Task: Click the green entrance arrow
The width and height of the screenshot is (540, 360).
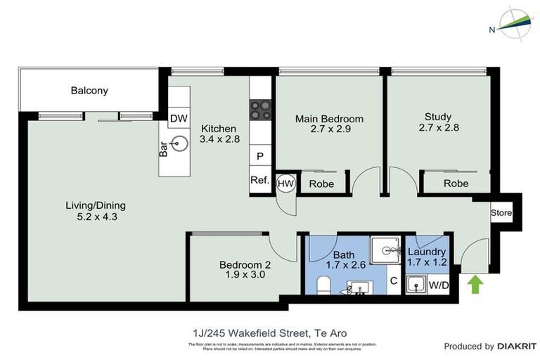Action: click(x=476, y=284)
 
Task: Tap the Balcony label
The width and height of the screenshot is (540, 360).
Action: click(x=89, y=91)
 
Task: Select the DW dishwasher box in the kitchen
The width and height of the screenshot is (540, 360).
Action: click(x=178, y=118)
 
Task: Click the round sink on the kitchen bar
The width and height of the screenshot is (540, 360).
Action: click(x=179, y=144)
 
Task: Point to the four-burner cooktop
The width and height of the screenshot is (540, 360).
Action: click(x=259, y=110)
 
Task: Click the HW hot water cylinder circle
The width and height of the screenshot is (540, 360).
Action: click(x=285, y=183)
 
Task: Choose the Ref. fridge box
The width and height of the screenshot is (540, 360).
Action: click(x=259, y=180)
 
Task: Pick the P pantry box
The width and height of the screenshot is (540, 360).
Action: click(x=259, y=156)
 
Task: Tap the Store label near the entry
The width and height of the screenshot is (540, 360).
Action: click(x=501, y=212)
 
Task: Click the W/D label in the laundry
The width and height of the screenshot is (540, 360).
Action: click(x=439, y=285)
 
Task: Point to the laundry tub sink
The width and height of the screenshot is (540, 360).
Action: click(x=416, y=285)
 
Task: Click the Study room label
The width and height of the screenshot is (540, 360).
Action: click(x=437, y=117)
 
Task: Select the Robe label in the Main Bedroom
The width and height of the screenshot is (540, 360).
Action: click(x=321, y=184)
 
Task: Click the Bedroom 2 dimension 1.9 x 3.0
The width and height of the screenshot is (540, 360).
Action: click(x=245, y=275)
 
